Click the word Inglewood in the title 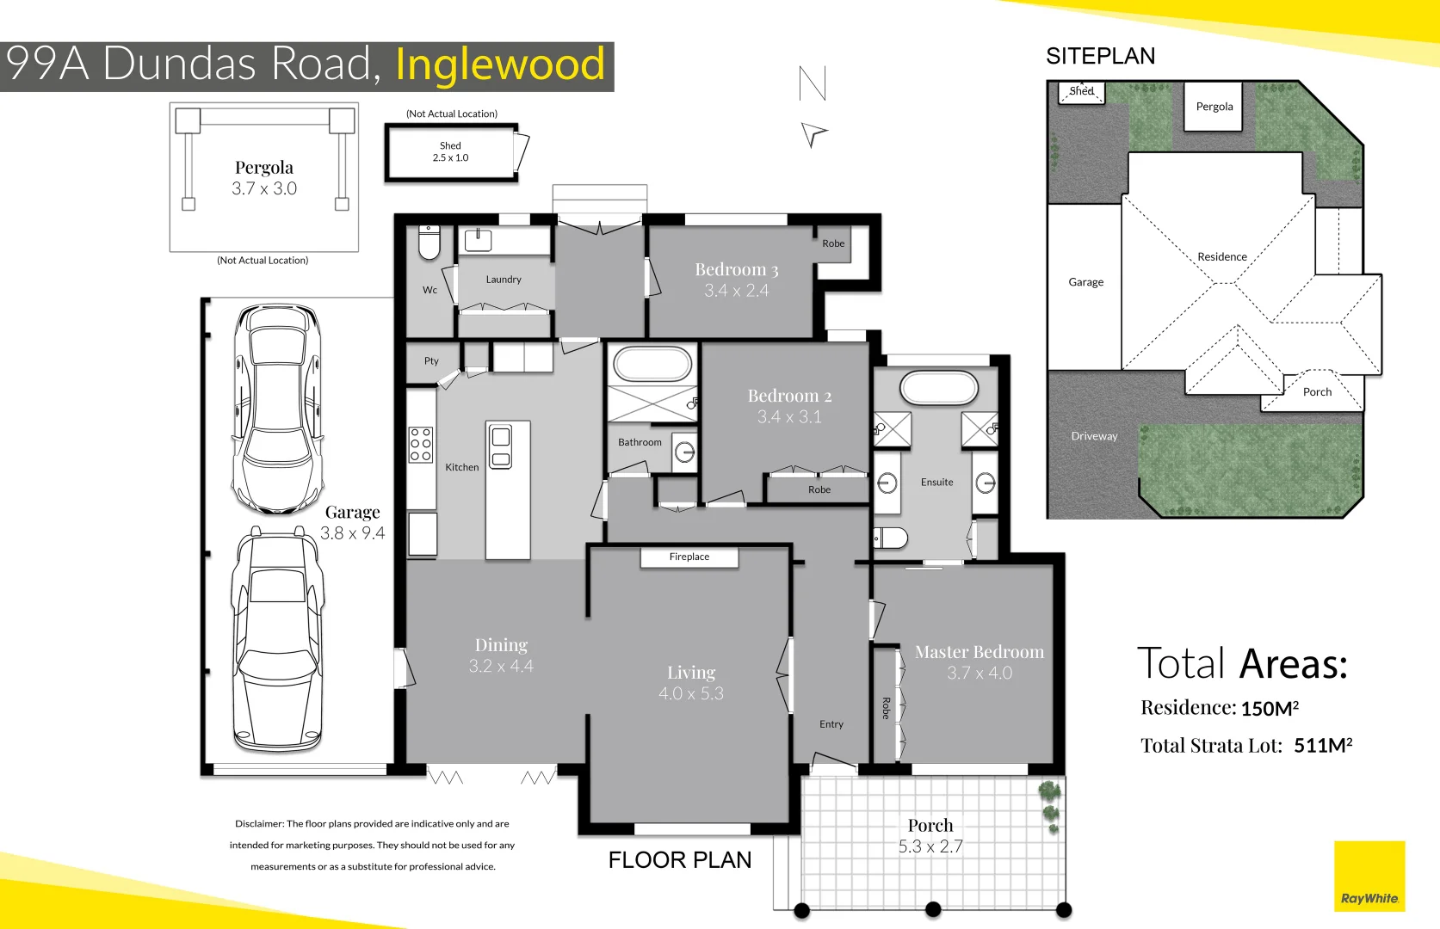(x=500, y=65)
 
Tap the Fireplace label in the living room (x=689, y=557)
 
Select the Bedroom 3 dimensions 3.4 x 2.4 (x=736, y=291)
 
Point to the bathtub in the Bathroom (x=652, y=365)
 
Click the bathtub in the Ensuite (x=939, y=387)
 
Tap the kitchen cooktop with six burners (x=421, y=445)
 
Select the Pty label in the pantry (x=431, y=361)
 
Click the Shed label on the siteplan (x=1081, y=91)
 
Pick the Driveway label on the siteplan (x=1094, y=436)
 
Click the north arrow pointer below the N (x=813, y=133)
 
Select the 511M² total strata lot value (x=1323, y=746)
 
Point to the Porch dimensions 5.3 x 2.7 (x=930, y=846)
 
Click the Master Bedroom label (x=980, y=652)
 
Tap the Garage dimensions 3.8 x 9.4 (x=352, y=533)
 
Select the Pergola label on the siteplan (x=1214, y=107)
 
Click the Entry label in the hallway (x=831, y=724)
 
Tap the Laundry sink (x=478, y=240)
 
